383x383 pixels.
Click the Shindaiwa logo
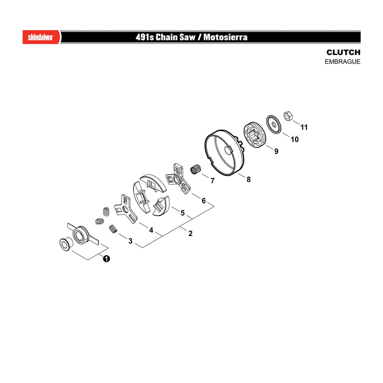(x=41, y=37)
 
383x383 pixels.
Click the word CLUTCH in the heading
(x=343, y=52)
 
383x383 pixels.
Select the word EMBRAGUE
(x=342, y=62)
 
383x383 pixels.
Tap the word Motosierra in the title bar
(x=225, y=37)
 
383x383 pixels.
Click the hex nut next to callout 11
(x=288, y=116)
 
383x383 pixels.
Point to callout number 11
(x=304, y=127)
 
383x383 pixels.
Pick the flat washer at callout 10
(x=273, y=124)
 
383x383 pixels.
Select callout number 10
(x=294, y=139)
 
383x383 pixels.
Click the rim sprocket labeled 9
(x=254, y=135)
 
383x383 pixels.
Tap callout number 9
(x=276, y=151)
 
